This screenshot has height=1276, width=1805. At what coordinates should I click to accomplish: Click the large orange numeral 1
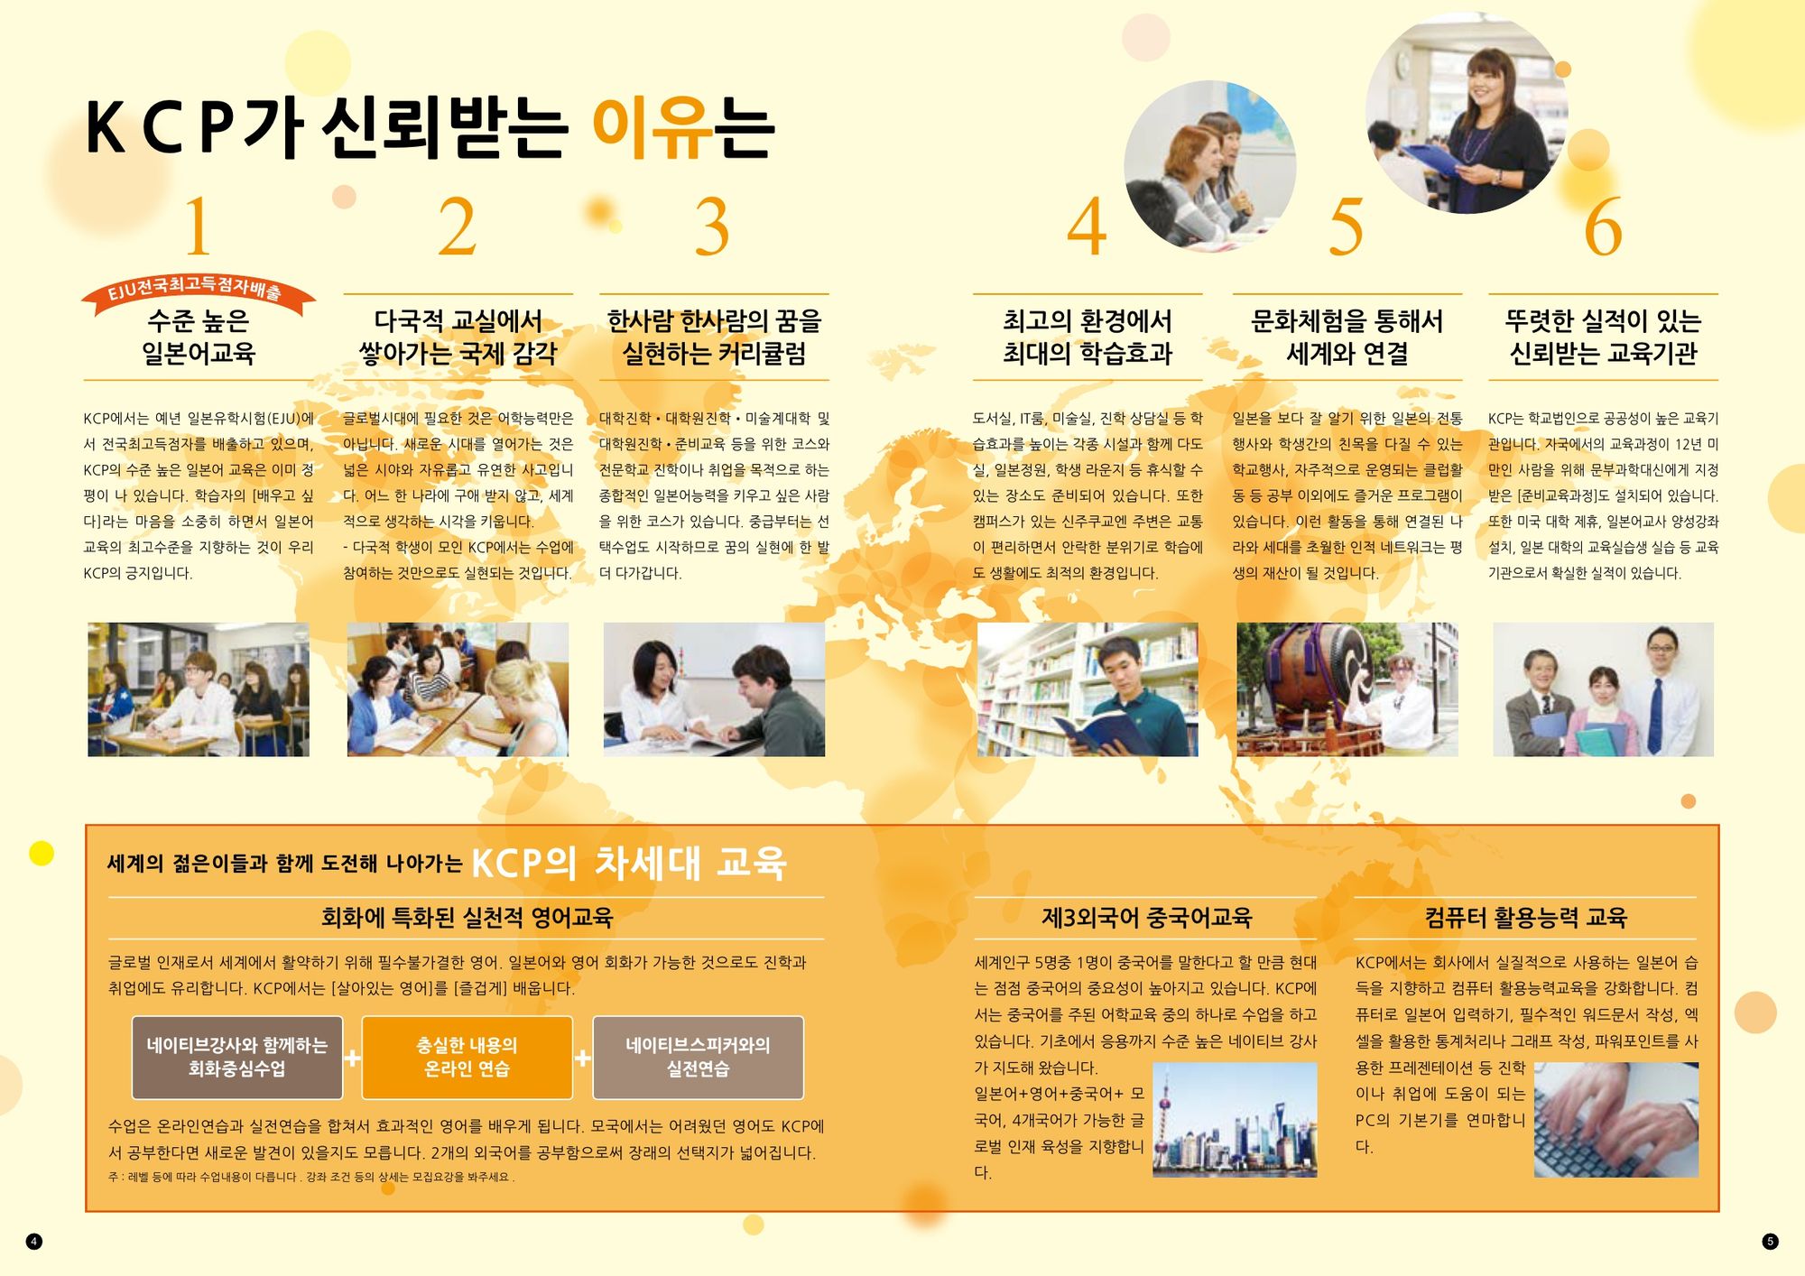[198, 226]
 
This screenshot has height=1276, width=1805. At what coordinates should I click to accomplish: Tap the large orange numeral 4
[1087, 226]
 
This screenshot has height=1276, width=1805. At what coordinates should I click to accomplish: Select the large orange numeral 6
[1603, 226]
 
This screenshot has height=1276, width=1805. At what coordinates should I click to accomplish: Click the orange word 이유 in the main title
[651, 128]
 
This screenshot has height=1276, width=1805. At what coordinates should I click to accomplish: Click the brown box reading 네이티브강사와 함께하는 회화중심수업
[237, 1058]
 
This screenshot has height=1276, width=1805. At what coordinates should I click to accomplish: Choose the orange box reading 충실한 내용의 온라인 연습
[467, 1058]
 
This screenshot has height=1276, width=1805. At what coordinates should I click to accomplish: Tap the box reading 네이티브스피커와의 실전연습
[698, 1058]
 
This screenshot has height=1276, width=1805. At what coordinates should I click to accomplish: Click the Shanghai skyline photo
[1235, 1120]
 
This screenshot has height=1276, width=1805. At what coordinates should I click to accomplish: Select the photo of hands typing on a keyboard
[1615, 1120]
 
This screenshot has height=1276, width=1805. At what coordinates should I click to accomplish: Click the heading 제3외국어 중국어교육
[1146, 918]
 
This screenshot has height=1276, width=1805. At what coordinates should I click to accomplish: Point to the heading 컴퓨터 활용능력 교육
[1525, 918]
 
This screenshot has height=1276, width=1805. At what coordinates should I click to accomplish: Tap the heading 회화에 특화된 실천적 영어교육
[467, 918]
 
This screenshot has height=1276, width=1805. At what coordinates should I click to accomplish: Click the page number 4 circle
[34, 1242]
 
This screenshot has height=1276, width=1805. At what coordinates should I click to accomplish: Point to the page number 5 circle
[1770, 1242]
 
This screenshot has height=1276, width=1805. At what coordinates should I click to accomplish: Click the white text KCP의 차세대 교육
[629, 863]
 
